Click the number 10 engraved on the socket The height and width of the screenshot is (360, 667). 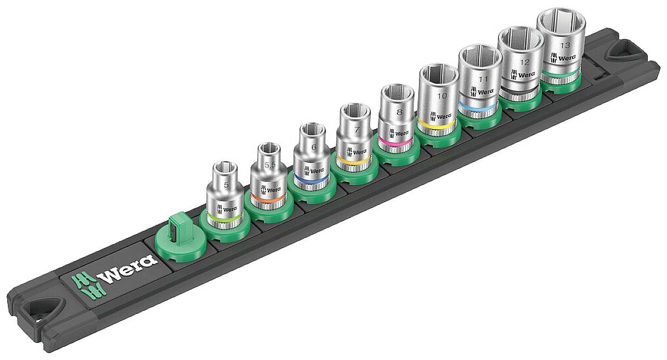tap(440, 96)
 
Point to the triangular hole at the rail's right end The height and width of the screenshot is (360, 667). tap(621, 53)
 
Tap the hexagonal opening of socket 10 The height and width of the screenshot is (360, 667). tap(438, 74)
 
